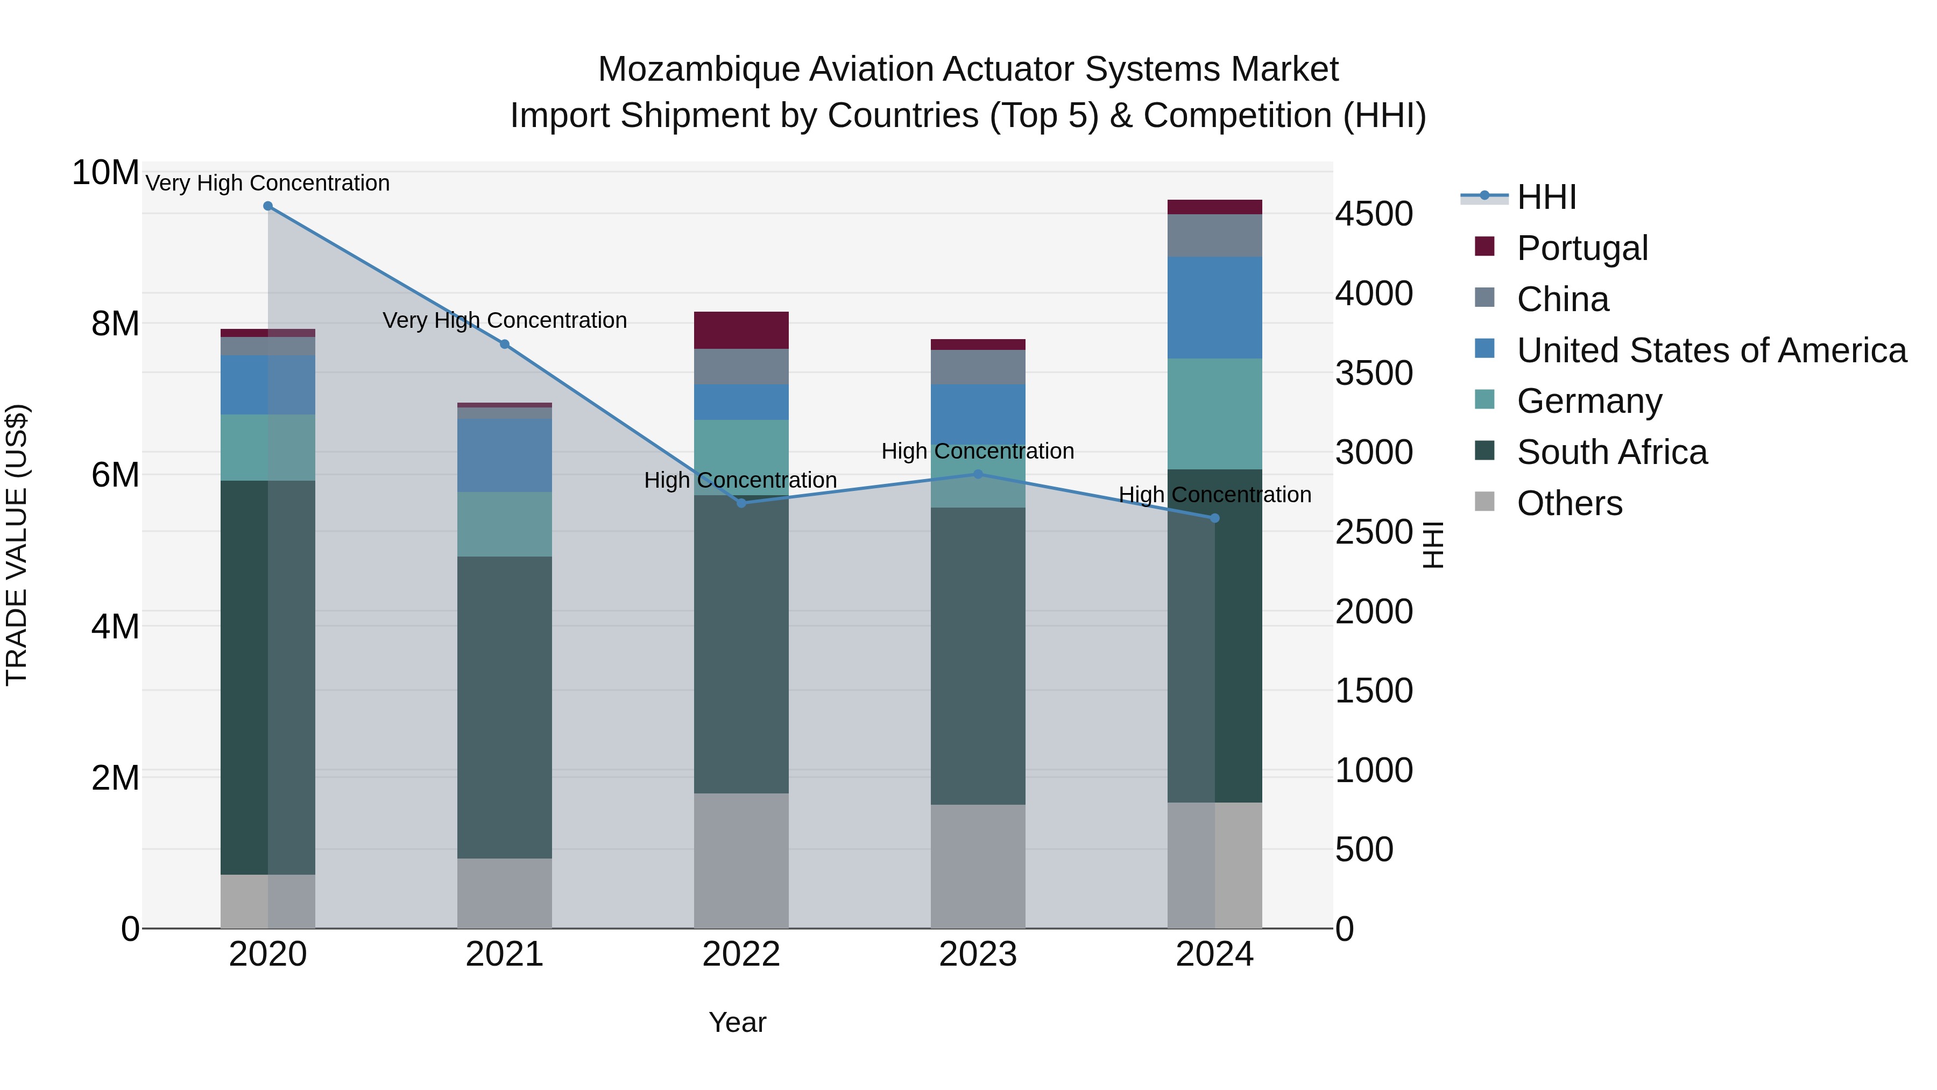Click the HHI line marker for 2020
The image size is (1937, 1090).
[268, 206]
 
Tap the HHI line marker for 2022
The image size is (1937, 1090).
[741, 503]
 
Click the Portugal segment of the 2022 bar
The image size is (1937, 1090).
[741, 330]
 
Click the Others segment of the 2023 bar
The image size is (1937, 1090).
[978, 866]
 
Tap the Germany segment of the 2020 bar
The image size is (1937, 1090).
[268, 448]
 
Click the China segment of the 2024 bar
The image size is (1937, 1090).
[1214, 235]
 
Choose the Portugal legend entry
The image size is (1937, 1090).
[1582, 248]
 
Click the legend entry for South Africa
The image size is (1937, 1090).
[1611, 452]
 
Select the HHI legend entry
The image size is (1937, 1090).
[1546, 197]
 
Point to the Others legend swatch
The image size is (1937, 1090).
[1484, 502]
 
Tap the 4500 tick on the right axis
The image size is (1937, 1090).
[1374, 214]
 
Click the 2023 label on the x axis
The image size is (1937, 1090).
[978, 954]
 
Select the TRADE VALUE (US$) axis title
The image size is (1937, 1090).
[17, 545]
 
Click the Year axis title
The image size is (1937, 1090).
[737, 1022]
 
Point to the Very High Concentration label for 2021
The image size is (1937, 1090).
[505, 320]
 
